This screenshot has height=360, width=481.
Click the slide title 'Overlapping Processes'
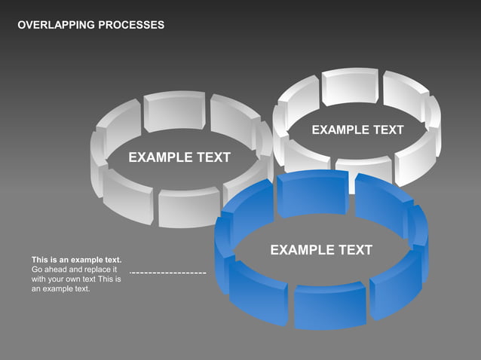click(90, 26)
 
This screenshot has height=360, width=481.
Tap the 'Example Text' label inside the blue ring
click(321, 250)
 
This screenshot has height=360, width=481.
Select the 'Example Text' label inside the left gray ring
click(179, 157)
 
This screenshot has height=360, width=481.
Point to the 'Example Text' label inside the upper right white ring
click(357, 130)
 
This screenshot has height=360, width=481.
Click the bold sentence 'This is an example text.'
click(76, 260)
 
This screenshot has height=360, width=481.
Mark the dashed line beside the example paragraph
click(168, 272)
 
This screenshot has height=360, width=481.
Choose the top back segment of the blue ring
click(312, 192)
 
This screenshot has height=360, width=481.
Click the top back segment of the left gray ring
click(174, 111)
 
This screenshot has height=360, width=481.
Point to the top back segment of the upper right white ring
click(350, 86)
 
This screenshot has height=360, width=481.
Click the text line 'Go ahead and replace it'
click(74, 270)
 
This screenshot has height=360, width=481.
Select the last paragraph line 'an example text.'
click(60, 289)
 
